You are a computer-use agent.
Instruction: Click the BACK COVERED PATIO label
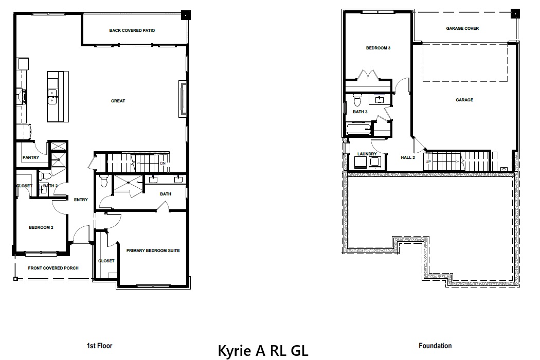[x=132, y=31]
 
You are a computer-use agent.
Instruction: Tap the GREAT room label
[x=118, y=101]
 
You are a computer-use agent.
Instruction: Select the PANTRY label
[x=31, y=158]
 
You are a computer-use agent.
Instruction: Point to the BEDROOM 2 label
[x=41, y=227]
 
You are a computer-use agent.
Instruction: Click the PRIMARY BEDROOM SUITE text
[x=153, y=250]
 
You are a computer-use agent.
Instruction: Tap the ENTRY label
[x=81, y=200]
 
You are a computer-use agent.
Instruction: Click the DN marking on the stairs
[x=163, y=164]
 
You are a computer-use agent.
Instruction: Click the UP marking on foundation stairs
[x=428, y=162]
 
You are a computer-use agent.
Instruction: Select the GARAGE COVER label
[x=462, y=29]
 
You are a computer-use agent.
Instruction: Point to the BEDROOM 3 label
[x=378, y=48]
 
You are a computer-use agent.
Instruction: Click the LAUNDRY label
[x=367, y=154]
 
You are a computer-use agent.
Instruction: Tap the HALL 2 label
[x=408, y=158]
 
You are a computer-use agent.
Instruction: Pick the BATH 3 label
[x=360, y=112]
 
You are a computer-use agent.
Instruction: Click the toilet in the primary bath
[x=103, y=181]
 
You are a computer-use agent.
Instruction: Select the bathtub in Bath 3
[x=359, y=129]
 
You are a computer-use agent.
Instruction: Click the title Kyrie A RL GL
[x=263, y=351]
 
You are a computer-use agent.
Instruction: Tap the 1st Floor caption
[x=100, y=346]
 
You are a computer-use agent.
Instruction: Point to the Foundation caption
[x=435, y=346]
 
